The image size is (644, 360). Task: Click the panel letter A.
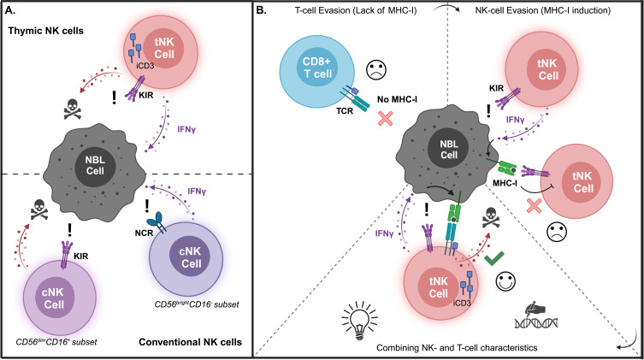click(10, 10)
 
